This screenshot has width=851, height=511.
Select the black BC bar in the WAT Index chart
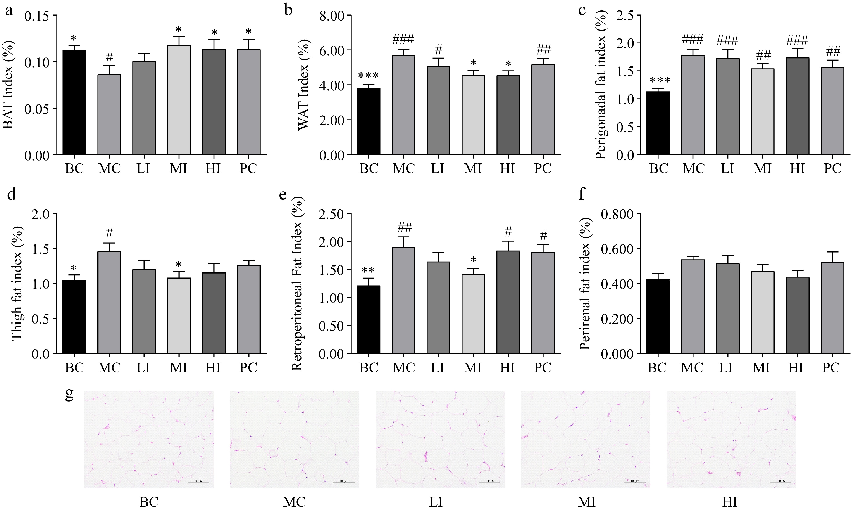coord(369,121)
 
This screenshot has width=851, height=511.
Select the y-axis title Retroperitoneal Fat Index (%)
coord(297,283)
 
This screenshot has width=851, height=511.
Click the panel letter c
coord(582,10)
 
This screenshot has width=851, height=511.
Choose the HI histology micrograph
coord(731,439)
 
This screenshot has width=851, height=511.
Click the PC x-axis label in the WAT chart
coord(543,168)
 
